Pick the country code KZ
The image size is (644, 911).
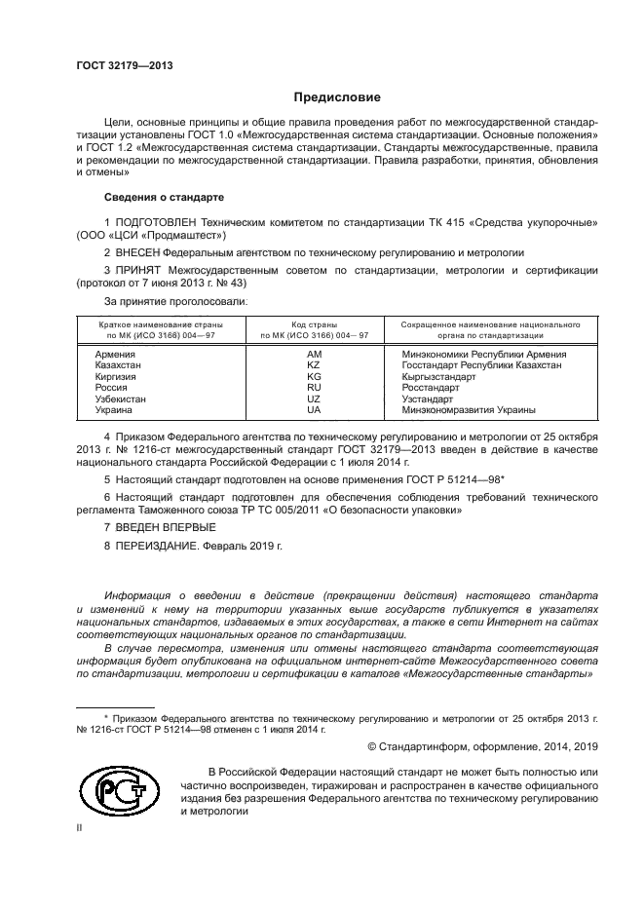314,365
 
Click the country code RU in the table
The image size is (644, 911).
314,388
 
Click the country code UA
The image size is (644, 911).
314,410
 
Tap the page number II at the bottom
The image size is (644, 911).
80,827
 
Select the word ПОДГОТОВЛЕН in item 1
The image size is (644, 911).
152,223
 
